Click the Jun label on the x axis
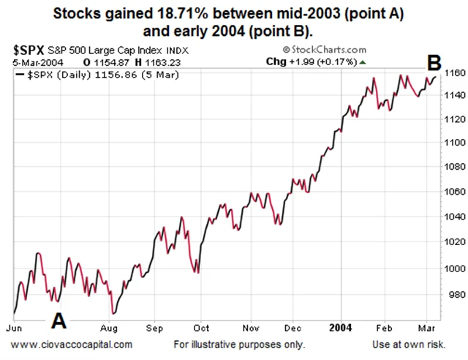click(x=22, y=329)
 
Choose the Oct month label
click(x=201, y=329)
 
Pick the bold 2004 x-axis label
click(x=342, y=329)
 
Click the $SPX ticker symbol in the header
click(x=28, y=50)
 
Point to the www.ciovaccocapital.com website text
click(x=72, y=344)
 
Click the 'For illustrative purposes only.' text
click(x=240, y=344)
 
